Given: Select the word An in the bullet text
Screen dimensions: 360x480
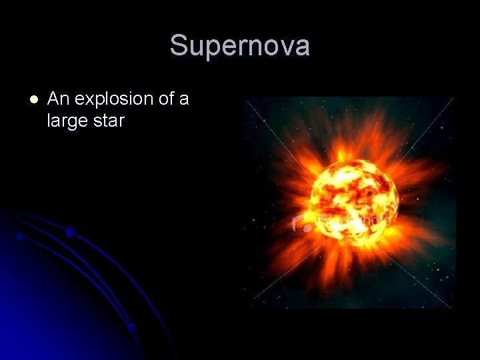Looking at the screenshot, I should (x=59, y=99).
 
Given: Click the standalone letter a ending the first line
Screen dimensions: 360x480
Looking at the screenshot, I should (x=184, y=101).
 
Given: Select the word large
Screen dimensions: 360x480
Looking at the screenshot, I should (x=69, y=122).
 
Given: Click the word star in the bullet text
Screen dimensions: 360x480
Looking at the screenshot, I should (x=109, y=122).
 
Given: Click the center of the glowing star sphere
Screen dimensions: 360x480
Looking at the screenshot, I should (x=354, y=199).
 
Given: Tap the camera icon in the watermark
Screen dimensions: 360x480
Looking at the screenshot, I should (x=302, y=224).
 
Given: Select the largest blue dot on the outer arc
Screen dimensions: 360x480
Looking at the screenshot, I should (x=70, y=232).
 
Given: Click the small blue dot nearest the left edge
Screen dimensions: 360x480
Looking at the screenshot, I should (x=21, y=236).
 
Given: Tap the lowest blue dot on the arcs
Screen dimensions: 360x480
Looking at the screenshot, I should (x=132, y=327).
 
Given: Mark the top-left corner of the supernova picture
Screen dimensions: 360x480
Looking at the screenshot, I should (x=244, y=97).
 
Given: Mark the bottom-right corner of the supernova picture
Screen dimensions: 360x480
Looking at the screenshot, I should (x=455, y=308).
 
